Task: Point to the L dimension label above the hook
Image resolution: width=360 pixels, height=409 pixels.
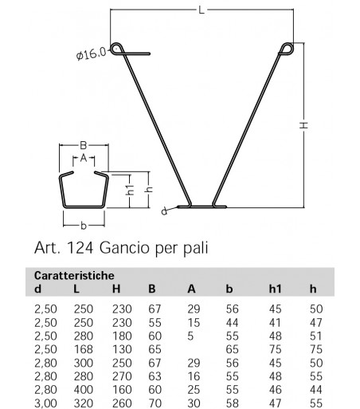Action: coord(202,10)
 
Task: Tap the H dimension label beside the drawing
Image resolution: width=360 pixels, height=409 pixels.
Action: coord(304,124)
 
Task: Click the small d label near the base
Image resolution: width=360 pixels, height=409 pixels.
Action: coord(164,212)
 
